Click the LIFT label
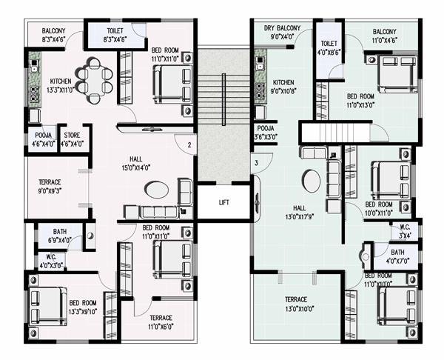coord(224,202)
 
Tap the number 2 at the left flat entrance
coord(189,145)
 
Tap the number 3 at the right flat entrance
coord(257,163)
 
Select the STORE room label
coord(72,135)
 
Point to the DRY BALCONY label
coord(282,28)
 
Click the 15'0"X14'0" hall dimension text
coord(136,168)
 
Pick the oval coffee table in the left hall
coord(156,190)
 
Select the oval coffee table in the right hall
coord(312,180)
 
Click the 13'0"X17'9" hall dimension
coord(300,217)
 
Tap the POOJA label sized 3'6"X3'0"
coord(266,128)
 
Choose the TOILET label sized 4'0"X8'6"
coord(329,44)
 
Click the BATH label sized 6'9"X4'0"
coord(60,232)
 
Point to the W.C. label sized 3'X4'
coord(405,227)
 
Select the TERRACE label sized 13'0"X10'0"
coord(296,299)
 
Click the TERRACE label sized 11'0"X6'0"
coord(161,318)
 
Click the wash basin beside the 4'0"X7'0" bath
coord(366,257)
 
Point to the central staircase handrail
coord(223,99)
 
